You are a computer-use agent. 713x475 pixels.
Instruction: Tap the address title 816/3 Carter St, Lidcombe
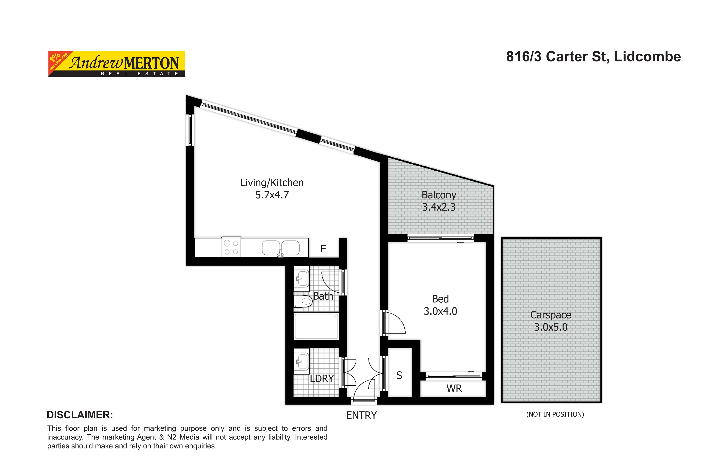tap(593, 57)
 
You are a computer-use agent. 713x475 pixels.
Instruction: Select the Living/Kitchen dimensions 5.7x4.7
tap(272, 195)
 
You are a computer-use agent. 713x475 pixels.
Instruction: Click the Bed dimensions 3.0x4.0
tap(440, 311)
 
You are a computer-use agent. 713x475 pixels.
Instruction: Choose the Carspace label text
tap(550, 315)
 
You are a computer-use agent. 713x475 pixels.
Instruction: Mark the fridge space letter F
tap(323, 249)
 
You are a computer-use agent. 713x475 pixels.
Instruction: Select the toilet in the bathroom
tap(303, 301)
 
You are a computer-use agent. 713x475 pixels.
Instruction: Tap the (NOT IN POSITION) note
tap(555, 414)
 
